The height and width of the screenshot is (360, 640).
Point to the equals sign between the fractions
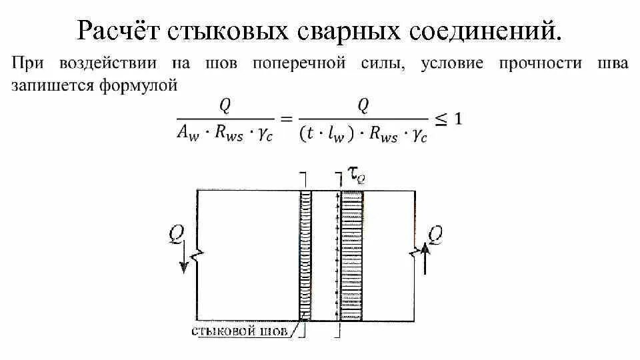click(x=286, y=121)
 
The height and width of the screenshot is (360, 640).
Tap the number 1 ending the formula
click(x=458, y=119)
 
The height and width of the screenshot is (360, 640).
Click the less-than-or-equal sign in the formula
click(x=441, y=120)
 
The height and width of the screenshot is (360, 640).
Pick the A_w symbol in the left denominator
click(x=184, y=135)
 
